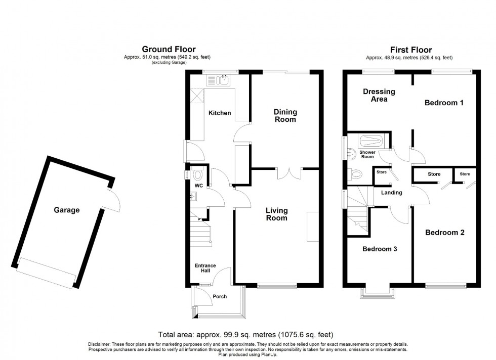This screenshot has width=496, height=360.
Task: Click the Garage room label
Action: [x=67, y=210]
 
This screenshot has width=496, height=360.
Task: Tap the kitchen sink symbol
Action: [x=219, y=79]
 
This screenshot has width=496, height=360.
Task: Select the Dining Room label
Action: [x=285, y=116]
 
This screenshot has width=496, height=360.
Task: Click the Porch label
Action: [x=220, y=297]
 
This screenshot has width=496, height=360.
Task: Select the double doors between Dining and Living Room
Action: [x=289, y=173]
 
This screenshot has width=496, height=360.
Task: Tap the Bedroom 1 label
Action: [x=444, y=103]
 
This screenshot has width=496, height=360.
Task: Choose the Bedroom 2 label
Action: [x=444, y=233]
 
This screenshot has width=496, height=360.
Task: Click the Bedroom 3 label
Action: [x=379, y=249]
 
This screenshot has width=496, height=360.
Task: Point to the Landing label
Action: [x=391, y=193]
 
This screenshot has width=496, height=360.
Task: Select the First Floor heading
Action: [x=410, y=50]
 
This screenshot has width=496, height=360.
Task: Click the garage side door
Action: [x=111, y=198]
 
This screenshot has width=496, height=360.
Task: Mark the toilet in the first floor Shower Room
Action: [x=357, y=174]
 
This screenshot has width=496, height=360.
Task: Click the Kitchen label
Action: [x=220, y=113]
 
